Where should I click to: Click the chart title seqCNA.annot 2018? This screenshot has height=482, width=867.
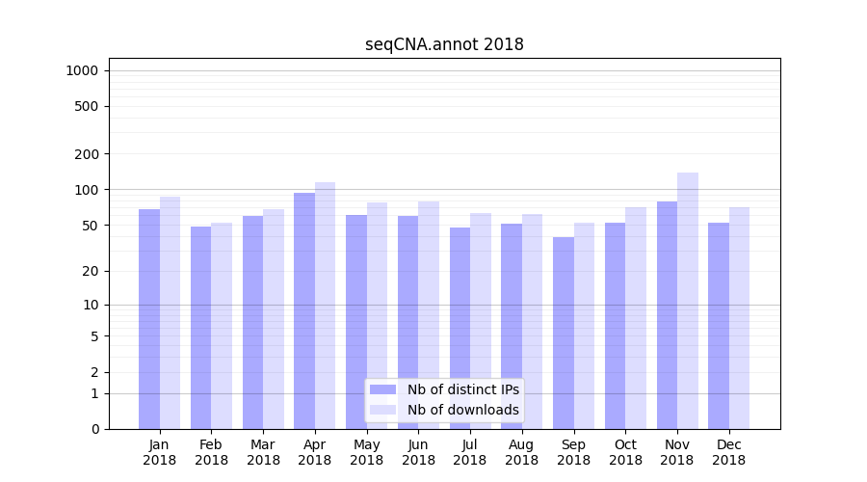(444, 44)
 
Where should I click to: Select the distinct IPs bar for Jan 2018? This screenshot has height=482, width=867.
(149, 318)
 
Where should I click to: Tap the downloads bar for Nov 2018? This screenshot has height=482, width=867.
(688, 300)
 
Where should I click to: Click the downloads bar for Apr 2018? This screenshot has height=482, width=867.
(326, 305)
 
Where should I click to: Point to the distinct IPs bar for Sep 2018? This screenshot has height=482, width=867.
(564, 333)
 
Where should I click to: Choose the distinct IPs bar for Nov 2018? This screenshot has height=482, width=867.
(667, 314)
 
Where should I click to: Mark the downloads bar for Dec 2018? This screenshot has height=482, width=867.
(740, 317)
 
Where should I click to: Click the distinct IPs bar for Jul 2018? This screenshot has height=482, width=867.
(460, 328)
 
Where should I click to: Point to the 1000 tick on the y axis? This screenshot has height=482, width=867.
(82, 70)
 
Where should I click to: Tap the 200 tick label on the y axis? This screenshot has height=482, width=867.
(88, 154)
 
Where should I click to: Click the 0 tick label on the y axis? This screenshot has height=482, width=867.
(94, 429)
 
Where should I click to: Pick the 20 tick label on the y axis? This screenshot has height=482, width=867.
(91, 271)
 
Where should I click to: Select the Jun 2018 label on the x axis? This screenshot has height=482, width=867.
(418, 452)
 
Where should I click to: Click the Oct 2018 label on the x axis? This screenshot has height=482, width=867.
(625, 452)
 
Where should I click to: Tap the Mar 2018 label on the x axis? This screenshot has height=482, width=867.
(263, 452)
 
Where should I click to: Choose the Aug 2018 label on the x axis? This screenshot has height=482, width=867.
(522, 452)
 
